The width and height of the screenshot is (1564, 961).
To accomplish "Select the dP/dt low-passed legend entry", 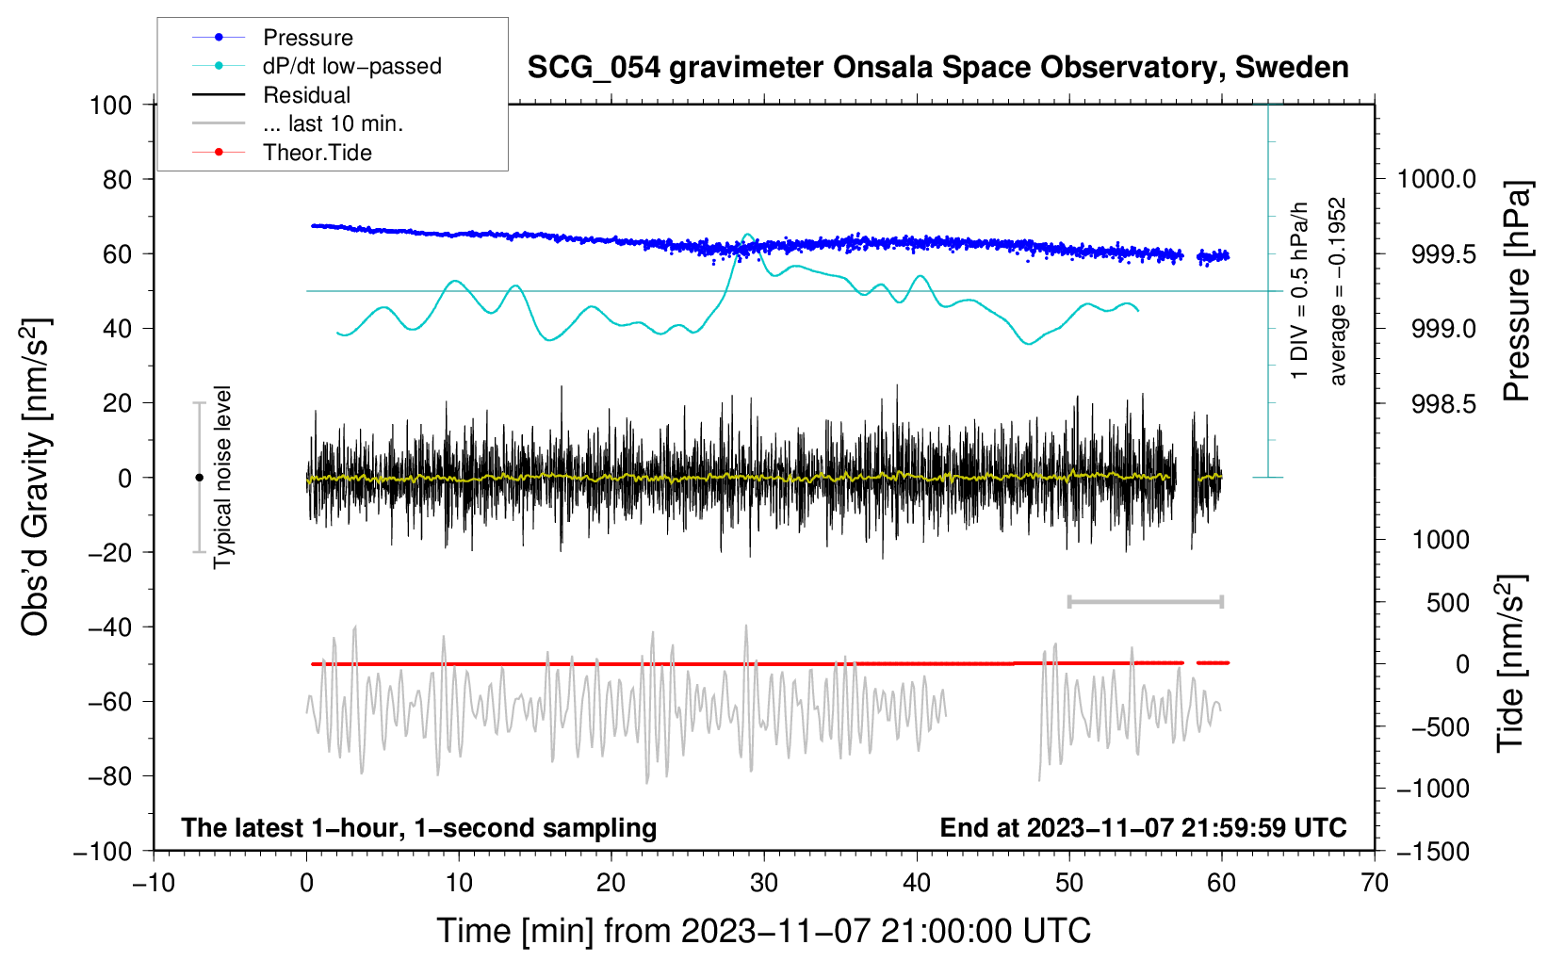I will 351,66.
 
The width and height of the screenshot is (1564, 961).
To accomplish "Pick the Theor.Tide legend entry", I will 317,153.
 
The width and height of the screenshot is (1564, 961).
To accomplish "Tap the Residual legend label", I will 306,95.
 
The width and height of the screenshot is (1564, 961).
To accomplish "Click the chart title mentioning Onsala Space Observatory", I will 937,68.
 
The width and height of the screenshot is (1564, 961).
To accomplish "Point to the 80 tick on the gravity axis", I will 117,179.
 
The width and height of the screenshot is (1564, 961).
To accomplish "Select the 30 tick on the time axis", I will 764,883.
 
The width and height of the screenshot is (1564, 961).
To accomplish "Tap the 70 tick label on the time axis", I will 1375,883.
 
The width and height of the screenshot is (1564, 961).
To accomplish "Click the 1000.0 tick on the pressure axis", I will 1436,179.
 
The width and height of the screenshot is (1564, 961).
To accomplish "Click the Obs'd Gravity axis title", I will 35,477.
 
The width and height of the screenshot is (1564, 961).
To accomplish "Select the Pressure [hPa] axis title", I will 1517,291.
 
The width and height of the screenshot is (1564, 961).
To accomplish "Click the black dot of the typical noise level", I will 199,478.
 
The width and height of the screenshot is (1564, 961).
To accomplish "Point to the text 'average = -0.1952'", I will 1337,291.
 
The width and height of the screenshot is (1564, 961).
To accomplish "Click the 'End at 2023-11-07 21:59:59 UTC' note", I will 1143,827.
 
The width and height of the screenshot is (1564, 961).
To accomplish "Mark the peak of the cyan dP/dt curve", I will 748,235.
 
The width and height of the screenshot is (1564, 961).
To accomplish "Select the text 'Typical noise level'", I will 222,477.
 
